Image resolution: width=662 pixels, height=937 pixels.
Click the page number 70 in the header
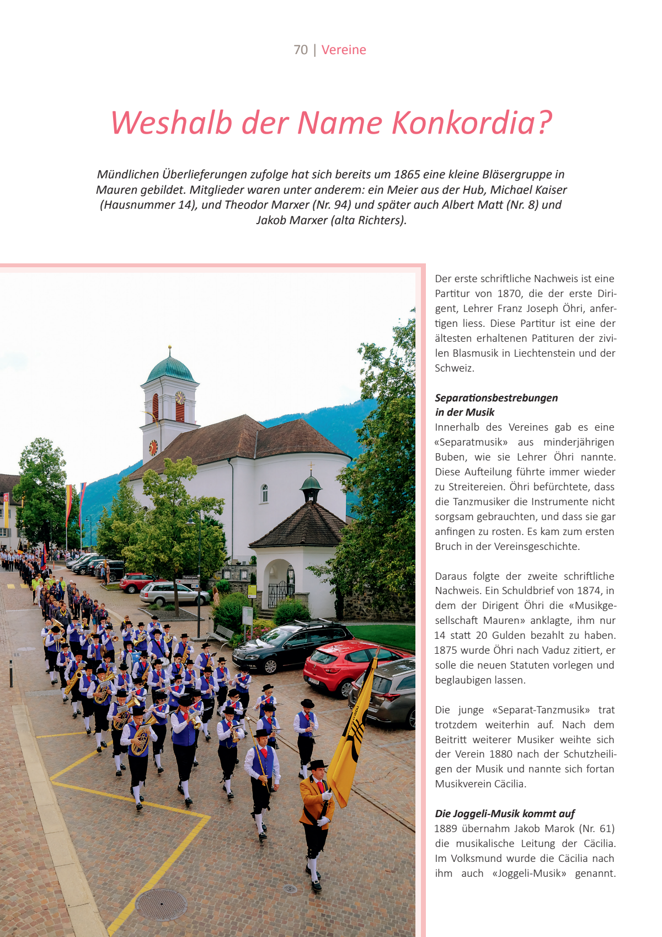[301, 50]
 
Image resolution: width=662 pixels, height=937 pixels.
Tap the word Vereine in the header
[344, 50]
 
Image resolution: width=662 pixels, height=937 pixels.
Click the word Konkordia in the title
[472, 123]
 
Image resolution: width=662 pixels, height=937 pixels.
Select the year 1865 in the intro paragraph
[407, 174]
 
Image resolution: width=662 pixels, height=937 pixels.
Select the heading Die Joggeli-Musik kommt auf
[505, 813]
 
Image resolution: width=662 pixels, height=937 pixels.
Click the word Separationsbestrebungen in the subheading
[496, 398]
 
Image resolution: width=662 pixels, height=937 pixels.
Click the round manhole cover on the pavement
[161, 904]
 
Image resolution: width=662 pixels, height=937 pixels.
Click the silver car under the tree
[174, 594]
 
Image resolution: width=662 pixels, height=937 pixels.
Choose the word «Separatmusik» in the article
[471, 442]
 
